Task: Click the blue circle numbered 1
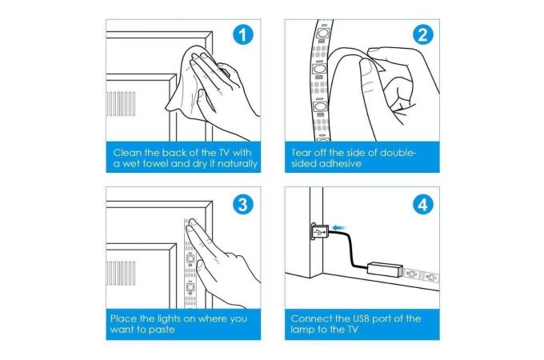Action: [243, 34]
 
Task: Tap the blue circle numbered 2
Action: [423, 34]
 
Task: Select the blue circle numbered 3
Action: [243, 205]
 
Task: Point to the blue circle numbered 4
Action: [423, 205]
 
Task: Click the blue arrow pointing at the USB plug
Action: [339, 228]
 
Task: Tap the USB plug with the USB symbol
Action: [319, 231]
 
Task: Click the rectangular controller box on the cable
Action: [385, 269]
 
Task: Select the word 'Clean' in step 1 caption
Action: [127, 153]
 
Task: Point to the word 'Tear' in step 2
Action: [301, 153]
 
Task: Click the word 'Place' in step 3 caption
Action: [123, 318]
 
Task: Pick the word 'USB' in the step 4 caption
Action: [363, 318]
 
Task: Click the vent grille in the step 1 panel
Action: [120, 104]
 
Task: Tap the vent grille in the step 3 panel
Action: [120, 274]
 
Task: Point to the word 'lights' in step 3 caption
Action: [169, 319]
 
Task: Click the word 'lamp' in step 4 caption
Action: [302, 330]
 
